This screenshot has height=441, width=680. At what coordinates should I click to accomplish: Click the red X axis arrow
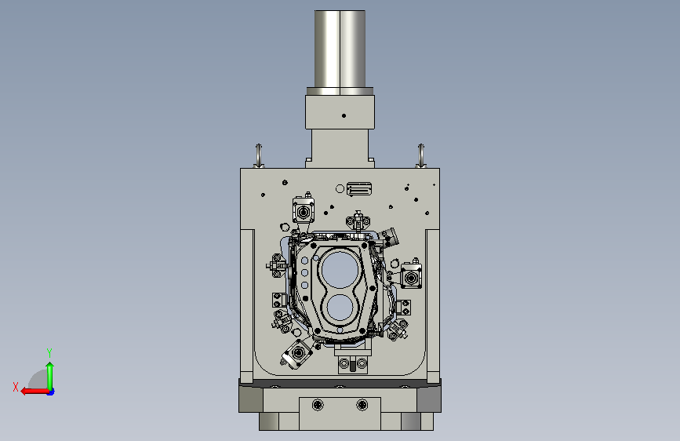pyautogui.click(x=35, y=392)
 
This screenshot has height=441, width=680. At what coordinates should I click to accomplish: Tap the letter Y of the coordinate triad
pyautogui.click(x=49, y=352)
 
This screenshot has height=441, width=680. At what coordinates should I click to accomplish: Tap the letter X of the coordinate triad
pyautogui.click(x=16, y=387)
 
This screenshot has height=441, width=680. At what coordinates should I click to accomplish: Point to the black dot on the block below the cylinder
pyautogui.click(x=344, y=116)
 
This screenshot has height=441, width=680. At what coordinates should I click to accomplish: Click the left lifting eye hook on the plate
pyautogui.click(x=259, y=155)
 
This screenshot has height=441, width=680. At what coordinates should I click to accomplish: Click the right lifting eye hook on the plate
pyautogui.click(x=420, y=155)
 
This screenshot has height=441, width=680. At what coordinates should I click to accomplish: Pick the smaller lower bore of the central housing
pyautogui.click(x=340, y=308)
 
